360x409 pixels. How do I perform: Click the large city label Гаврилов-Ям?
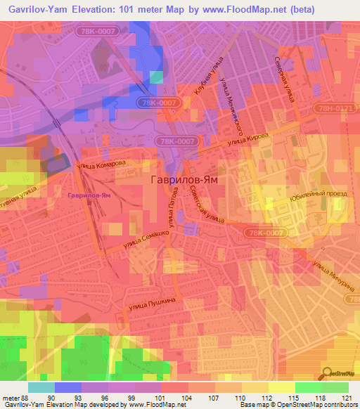pyautogui.click(x=181, y=180)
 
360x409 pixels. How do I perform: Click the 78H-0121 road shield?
pyautogui.click(x=333, y=107)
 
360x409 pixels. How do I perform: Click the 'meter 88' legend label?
pyautogui.click(x=15, y=398)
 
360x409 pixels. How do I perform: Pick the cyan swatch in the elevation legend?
pyautogui.click(x=41, y=387)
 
